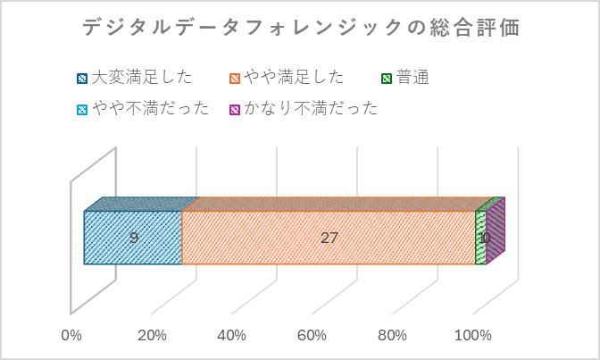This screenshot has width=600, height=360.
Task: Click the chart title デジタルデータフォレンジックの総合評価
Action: click(x=301, y=28)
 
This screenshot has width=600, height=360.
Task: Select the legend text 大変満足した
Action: click(x=141, y=78)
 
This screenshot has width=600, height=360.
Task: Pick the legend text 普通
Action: click(x=412, y=78)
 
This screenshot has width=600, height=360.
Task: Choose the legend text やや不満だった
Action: click(x=151, y=108)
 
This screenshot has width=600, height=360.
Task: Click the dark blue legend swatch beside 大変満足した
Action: click(x=82, y=79)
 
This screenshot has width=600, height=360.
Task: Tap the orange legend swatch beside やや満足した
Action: click(x=235, y=79)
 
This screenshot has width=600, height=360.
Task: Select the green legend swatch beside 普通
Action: click(x=387, y=79)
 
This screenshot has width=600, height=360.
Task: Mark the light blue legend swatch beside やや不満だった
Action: click(x=82, y=109)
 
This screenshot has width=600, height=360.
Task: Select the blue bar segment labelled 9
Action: click(x=133, y=238)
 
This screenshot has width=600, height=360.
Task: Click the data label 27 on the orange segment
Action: click(x=329, y=239)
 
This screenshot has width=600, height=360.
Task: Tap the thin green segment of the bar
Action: click(x=480, y=239)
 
